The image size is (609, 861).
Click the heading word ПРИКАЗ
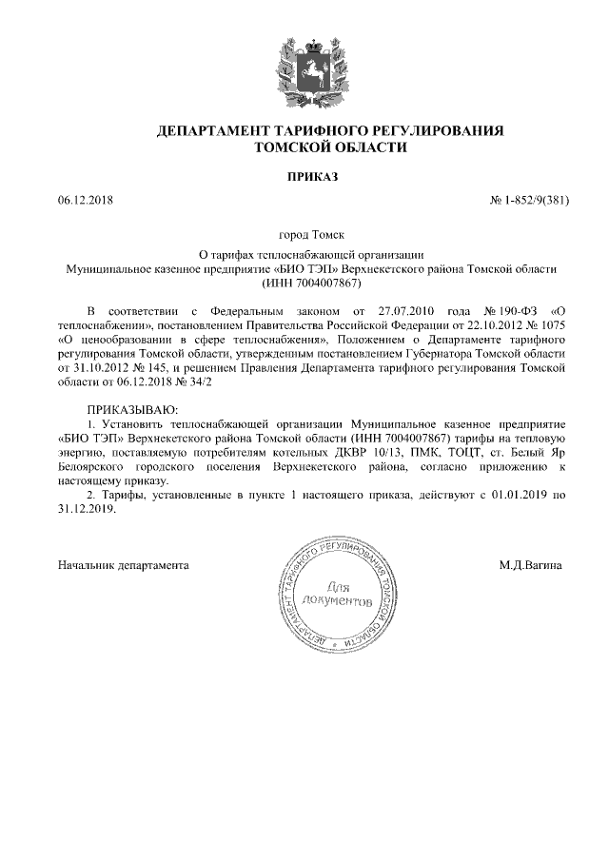(x=312, y=177)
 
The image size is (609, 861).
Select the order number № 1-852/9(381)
(x=528, y=203)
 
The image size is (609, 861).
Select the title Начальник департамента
(x=124, y=565)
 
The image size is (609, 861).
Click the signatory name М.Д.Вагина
(x=529, y=565)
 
